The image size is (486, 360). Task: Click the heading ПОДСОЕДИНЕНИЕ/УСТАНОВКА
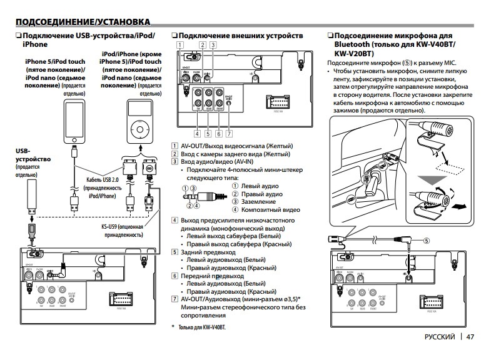point(83,22)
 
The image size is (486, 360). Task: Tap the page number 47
point(470,337)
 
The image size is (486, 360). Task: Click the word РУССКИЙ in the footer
point(440,337)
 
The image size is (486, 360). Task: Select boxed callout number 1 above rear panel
point(180,44)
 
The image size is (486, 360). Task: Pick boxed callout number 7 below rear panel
point(230,132)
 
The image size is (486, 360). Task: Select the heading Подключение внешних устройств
point(241,36)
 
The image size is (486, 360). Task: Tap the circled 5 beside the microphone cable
point(427,240)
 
